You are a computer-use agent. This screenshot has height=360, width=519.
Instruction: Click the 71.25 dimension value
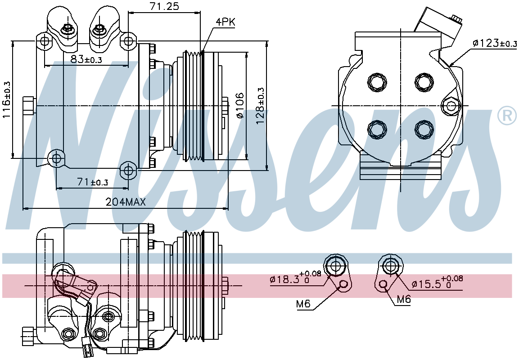(x=164, y=6)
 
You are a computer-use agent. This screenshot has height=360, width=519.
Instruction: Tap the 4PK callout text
(x=226, y=22)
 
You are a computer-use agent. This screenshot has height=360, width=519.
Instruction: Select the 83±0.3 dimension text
(x=86, y=59)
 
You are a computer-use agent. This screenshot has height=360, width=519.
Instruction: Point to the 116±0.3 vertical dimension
(x=7, y=100)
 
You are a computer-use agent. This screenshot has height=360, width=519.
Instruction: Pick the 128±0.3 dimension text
(x=261, y=106)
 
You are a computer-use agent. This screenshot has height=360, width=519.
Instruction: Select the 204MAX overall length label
(x=126, y=202)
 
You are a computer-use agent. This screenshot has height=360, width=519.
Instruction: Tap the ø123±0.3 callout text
(x=495, y=43)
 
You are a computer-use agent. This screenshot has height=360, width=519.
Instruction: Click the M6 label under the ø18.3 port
(x=303, y=303)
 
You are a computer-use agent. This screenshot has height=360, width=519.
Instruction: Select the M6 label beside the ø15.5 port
(x=403, y=299)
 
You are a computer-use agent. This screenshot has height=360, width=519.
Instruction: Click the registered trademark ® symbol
(x=507, y=116)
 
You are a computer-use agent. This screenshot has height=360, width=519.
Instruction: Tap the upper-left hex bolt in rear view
(x=377, y=81)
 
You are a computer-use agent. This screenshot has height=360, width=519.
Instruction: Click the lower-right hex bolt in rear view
(x=424, y=130)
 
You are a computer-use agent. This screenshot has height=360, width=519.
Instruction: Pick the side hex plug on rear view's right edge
(x=451, y=106)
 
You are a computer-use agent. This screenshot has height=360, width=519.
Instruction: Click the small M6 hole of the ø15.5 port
(x=384, y=284)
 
